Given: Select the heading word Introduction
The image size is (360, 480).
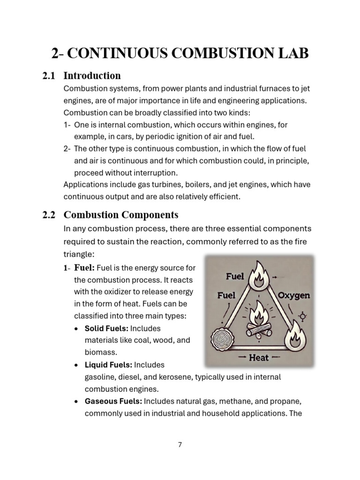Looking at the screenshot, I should [x=92, y=75].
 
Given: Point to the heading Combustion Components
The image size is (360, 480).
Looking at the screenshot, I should [x=121, y=215].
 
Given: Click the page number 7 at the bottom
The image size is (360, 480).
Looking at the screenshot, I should [x=180, y=445].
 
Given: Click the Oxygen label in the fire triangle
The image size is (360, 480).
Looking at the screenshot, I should [x=293, y=296].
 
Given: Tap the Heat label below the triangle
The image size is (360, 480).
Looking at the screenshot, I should [x=258, y=358].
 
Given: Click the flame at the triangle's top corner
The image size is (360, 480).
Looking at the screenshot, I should [x=259, y=275].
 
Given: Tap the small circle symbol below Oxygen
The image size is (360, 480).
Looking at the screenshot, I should [x=302, y=317].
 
